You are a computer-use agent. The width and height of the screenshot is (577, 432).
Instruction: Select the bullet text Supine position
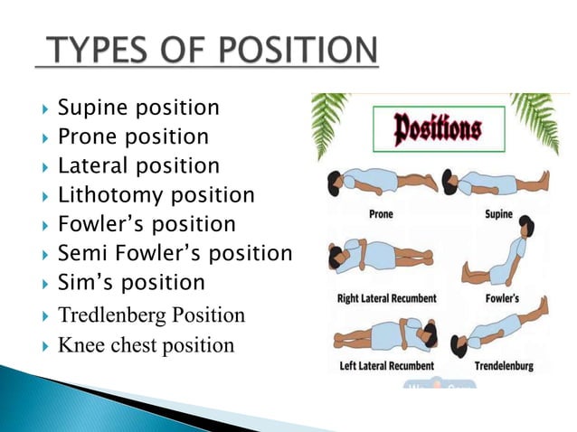click(138, 108)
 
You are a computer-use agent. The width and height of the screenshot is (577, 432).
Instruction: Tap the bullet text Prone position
click(133, 137)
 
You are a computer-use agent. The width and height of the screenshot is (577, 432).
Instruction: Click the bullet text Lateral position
click(138, 166)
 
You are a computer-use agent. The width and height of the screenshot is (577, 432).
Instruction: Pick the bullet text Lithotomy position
click(156, 195)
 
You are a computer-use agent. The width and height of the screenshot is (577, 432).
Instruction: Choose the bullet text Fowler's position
click(147, 224)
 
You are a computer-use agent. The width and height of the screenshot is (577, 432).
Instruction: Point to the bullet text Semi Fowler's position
click(175, 253)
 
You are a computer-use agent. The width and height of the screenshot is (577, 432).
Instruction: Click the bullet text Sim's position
click(131, 282)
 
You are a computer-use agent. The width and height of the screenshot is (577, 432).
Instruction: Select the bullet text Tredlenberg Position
click(151, 315)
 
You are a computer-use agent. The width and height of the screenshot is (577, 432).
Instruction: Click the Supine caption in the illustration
click(497, 214)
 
